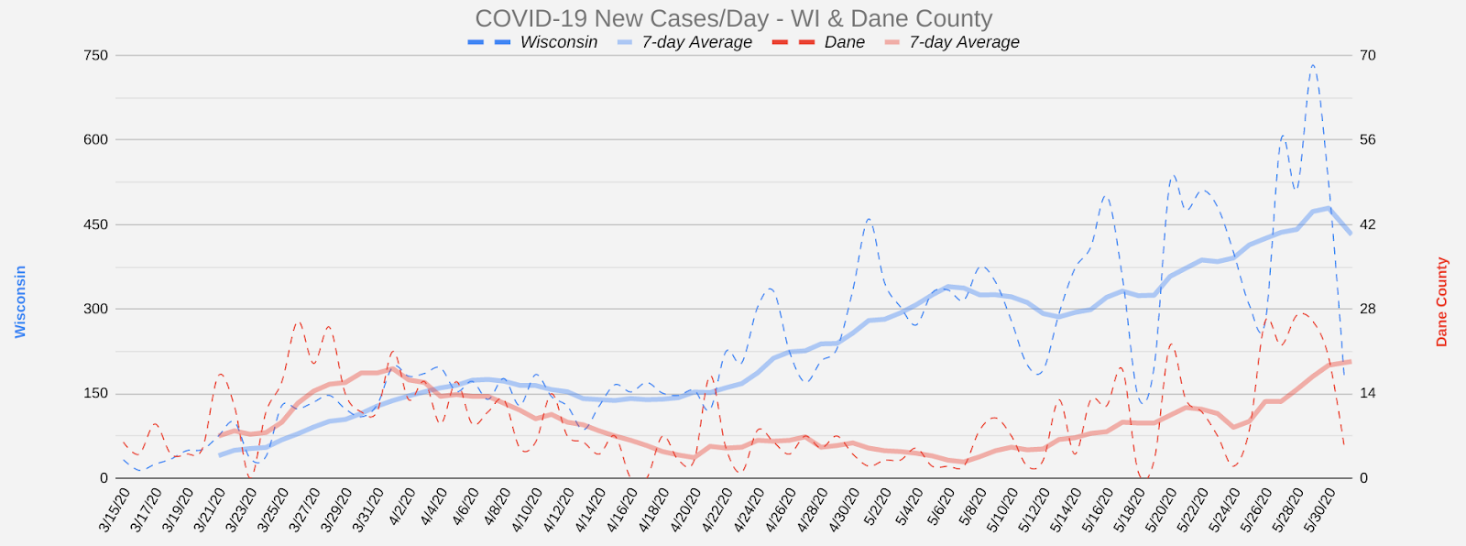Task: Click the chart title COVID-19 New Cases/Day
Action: tap(733, 18)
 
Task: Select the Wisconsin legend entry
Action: tap(558, 42)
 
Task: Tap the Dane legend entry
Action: tap(844, 42)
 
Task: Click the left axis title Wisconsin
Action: tap(20, 302)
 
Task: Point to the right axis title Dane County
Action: tap(1442, 302)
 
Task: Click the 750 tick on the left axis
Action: tap(96, 56)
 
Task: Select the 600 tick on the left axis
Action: tap(96, 140)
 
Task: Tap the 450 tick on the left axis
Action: tap(96, 224)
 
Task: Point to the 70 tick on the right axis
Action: tap(1367, 56)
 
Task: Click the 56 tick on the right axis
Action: tap(1367, 140)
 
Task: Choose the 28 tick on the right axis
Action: tap(1367, 309)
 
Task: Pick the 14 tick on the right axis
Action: tap(1367, 394)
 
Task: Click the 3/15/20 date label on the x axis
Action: tap(116, 510)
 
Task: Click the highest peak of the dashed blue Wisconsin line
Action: tap(1313, 65)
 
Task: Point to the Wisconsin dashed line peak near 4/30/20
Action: tap(868, 219)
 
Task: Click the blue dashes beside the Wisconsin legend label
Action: tap(488, 42)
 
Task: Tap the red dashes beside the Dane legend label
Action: tap(793, 42)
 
